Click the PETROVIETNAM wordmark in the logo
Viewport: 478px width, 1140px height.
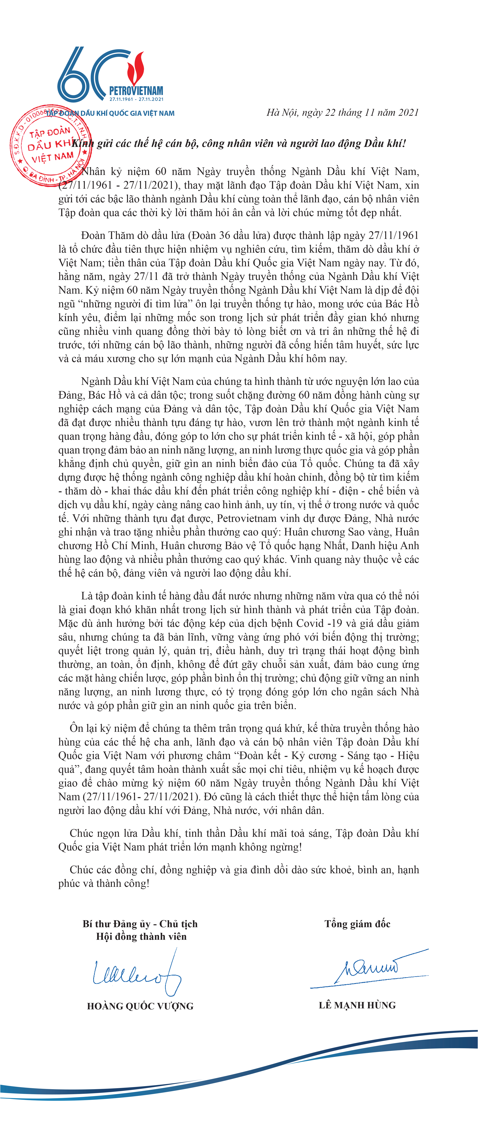[x=136, y=92]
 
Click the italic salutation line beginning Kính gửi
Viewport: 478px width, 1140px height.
[x=239, y=143]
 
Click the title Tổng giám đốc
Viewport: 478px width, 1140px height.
[x=357, y=924]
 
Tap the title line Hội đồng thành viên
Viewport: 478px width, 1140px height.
[x=141, y=936]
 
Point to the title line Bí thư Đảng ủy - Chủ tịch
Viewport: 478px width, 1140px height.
[x=140, y=924]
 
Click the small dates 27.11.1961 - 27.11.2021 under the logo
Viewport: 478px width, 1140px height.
[x=136, y=100]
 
